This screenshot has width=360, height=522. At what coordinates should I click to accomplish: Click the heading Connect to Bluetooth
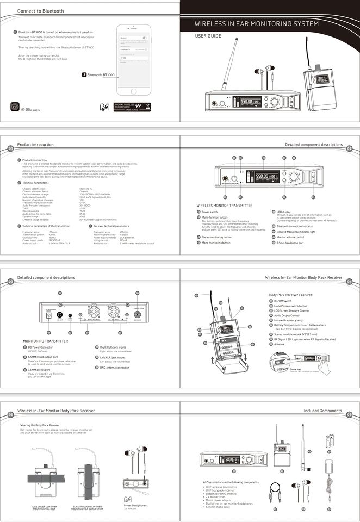[x=40, y=11]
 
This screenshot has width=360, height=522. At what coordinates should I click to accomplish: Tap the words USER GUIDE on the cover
[x=208, y=36]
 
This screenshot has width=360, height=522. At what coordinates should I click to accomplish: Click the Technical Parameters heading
[x=36, y=183]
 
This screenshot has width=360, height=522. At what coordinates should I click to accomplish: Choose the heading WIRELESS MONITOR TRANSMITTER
[x=225, y=205]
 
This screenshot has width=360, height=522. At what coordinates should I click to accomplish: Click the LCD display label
[x=283, y=212]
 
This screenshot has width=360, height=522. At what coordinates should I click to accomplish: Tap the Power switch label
[x=209, y=212]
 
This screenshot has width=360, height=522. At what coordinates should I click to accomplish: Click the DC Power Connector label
[x=40, y=347]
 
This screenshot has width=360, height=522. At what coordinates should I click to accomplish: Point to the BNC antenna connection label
[x=115, y=368]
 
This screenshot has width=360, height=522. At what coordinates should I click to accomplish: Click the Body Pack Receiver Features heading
[x=291, y=295]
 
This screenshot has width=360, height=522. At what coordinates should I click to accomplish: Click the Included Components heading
[x=322, y=411]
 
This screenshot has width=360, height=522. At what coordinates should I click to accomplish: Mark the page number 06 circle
[x=350, y=414]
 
